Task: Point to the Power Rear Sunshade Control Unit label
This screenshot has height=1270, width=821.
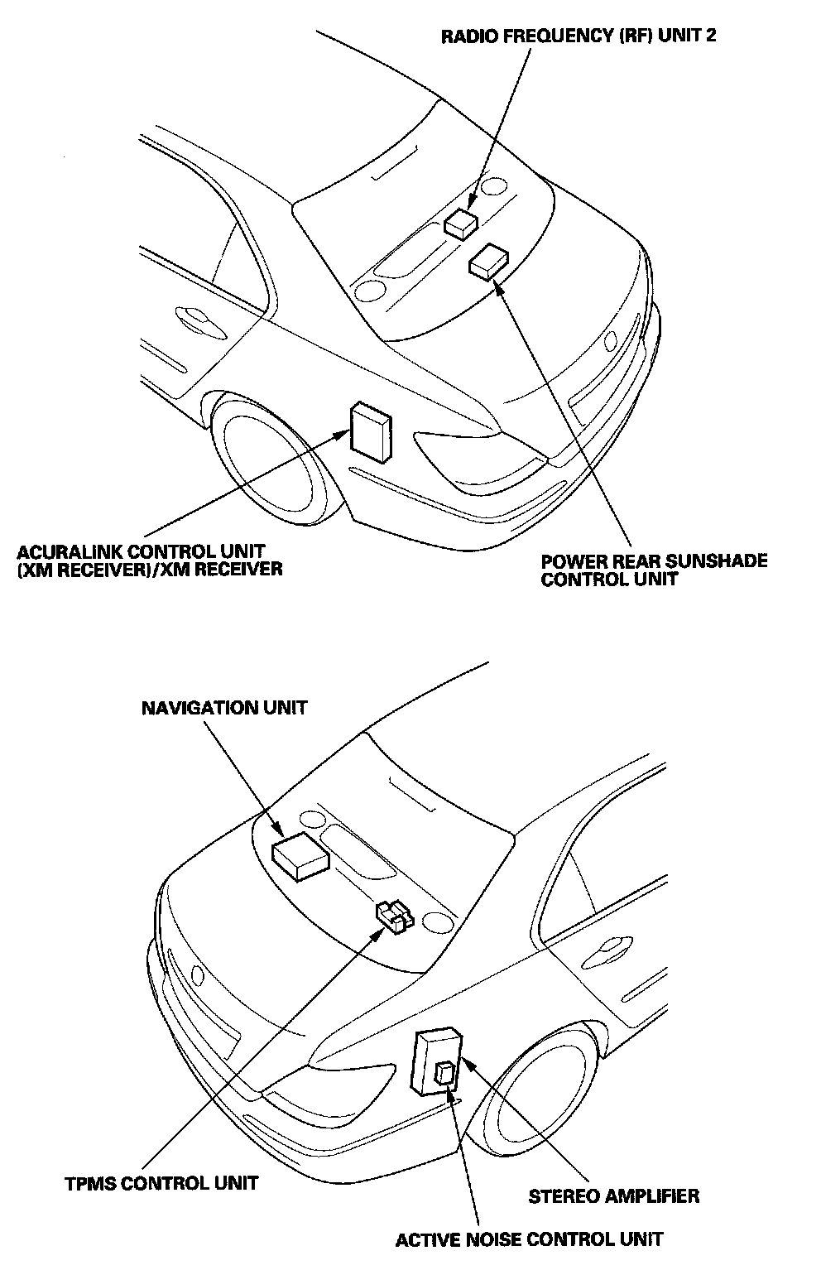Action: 654,570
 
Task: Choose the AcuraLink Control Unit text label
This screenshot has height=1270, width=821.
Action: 150,560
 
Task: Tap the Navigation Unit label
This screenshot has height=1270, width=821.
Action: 224,708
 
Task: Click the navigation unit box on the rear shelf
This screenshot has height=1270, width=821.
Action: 300,854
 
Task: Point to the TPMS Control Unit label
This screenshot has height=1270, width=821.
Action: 161,1182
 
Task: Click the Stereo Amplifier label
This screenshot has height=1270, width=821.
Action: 613,1195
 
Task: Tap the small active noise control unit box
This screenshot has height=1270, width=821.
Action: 445,1074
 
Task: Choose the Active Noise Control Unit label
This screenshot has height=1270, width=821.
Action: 529,1239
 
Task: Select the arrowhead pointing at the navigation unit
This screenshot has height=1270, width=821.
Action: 279,830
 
